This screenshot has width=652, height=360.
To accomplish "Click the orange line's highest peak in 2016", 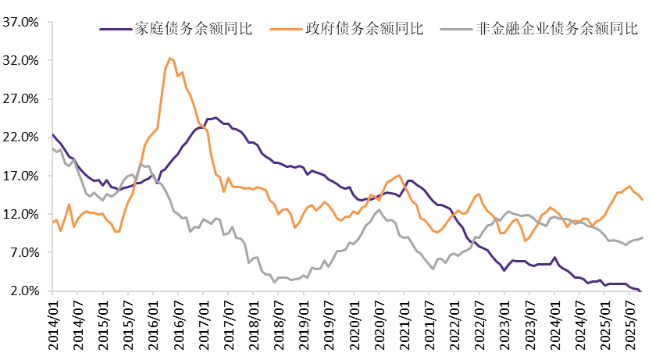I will point(170,58).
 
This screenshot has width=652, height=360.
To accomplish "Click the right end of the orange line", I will point(642,200).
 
